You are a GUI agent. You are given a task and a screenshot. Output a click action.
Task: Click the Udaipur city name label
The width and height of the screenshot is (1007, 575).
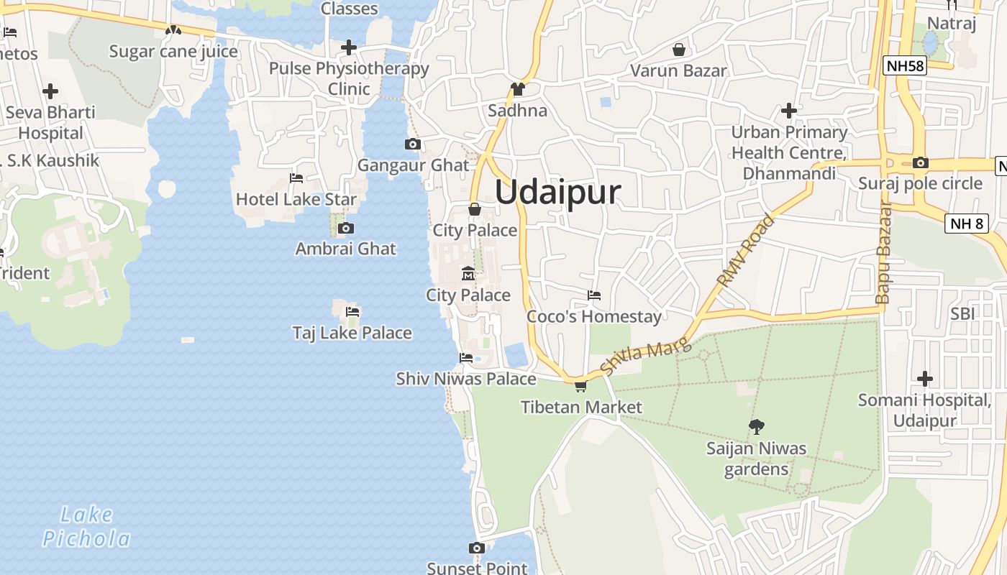coord(557,193)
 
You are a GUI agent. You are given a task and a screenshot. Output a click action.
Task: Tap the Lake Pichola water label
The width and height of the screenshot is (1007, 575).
coord(86,527)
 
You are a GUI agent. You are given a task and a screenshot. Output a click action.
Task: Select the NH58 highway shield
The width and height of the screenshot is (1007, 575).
coord(905,66)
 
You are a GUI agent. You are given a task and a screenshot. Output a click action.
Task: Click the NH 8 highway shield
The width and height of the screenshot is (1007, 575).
coord(966,224)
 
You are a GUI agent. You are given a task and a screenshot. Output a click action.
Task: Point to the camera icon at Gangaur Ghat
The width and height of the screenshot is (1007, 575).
coord(412,144)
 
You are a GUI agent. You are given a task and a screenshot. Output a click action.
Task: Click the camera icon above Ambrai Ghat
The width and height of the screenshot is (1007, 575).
coord(346,229)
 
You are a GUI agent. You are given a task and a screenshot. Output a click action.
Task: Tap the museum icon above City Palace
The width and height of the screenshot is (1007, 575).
coord(468,274)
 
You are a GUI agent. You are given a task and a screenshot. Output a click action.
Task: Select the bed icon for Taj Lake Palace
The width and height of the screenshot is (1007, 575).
coord(352,312)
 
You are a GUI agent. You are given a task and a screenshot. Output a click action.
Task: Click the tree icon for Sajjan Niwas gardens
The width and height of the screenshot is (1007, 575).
coord(756,427)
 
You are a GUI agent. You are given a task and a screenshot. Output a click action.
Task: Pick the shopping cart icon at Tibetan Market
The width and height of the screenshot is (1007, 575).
coord(580,386)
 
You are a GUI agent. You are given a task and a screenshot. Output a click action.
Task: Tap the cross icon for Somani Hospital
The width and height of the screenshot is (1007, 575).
coord(925,378)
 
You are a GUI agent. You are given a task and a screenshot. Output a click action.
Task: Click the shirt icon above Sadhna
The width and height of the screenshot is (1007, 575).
coord(517,89)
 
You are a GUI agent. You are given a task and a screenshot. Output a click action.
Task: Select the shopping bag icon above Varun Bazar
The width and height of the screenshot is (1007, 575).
coord(678,50)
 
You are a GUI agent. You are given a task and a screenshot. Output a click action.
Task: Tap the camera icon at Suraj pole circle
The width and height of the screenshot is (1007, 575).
coord(920,162)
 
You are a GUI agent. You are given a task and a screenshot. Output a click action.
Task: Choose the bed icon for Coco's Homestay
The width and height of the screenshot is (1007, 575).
coord(594,295)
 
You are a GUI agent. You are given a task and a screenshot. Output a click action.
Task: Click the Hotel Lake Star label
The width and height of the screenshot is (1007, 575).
coord(296,199)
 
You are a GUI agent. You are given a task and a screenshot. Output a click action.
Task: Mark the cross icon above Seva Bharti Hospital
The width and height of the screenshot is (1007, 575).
coord(50,91)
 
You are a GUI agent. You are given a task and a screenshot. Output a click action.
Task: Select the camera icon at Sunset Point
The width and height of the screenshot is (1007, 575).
coord(476,548)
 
